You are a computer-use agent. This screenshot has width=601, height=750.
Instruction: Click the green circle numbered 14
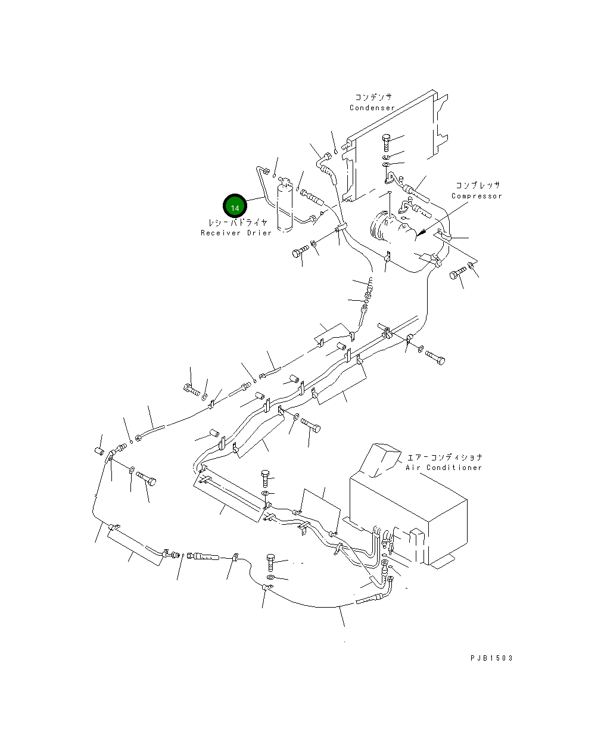235,207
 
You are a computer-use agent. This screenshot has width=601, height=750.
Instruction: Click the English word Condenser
372,108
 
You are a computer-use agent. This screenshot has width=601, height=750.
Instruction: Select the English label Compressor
477,196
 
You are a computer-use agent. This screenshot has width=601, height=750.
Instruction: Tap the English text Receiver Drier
236,233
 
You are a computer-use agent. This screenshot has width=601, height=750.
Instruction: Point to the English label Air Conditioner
444,468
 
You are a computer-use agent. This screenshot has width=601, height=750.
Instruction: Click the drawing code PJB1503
491,658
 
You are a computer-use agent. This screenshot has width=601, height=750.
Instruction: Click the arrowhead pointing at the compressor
419,232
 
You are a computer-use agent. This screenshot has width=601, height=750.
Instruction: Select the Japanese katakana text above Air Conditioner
444,458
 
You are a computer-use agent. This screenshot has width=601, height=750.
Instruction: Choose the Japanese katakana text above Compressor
478,186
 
